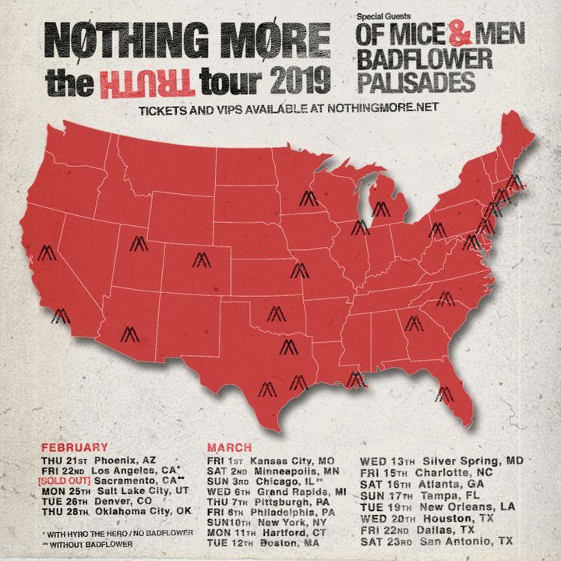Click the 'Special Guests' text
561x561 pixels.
pos(382,14)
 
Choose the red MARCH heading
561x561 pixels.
pos(229,448)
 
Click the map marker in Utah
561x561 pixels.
pos(139,244)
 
